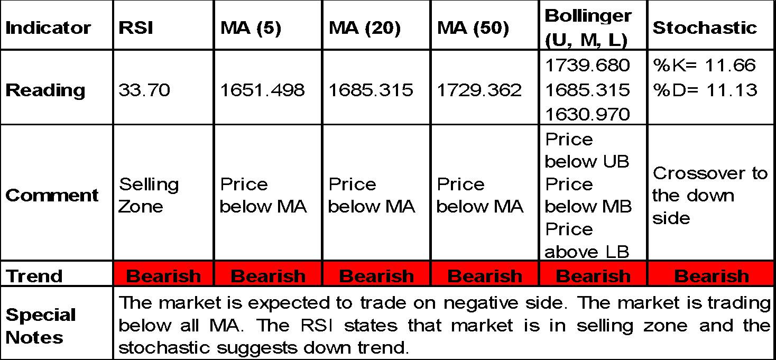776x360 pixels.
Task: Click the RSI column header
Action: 135,27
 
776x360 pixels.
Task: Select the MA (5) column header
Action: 251,27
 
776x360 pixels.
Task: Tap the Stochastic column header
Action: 705,27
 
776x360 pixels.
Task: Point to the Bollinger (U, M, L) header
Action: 588,27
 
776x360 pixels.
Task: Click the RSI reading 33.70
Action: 144,90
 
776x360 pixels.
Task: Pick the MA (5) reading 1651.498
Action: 262,90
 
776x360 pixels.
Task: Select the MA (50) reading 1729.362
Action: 479,90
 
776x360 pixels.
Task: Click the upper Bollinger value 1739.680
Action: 587,65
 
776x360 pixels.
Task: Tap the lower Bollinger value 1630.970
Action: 587,114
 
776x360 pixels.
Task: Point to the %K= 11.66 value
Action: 704,65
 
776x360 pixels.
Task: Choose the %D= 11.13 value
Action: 705,90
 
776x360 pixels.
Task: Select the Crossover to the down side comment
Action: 710,196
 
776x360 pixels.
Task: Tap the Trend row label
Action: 34,276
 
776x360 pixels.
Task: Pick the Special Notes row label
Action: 41,326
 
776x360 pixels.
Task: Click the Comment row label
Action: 52,196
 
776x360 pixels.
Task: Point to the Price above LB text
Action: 587,241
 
